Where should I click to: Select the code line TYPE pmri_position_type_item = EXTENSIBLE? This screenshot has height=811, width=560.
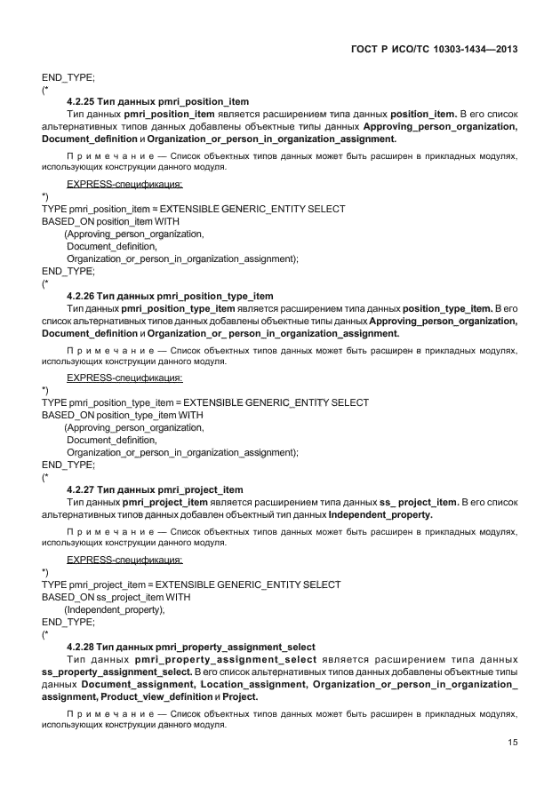pyautogui.click(x=205, y=402)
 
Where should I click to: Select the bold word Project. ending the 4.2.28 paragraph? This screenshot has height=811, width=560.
pyautogui.click(x=240, y=698)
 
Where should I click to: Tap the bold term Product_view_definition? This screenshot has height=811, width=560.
pyautogui.click(x=156, y=698)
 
